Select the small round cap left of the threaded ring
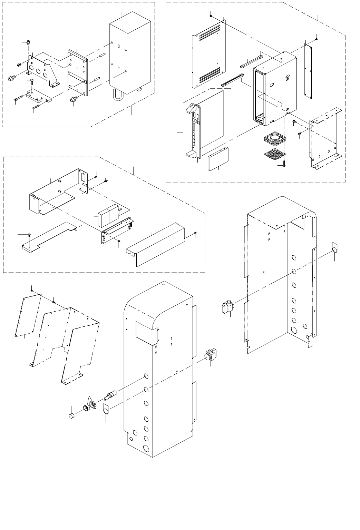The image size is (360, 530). (x=72, y=415)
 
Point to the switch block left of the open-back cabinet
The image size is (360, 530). (x=227, y=306)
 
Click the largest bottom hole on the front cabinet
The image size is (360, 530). (x=146, y=448)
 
